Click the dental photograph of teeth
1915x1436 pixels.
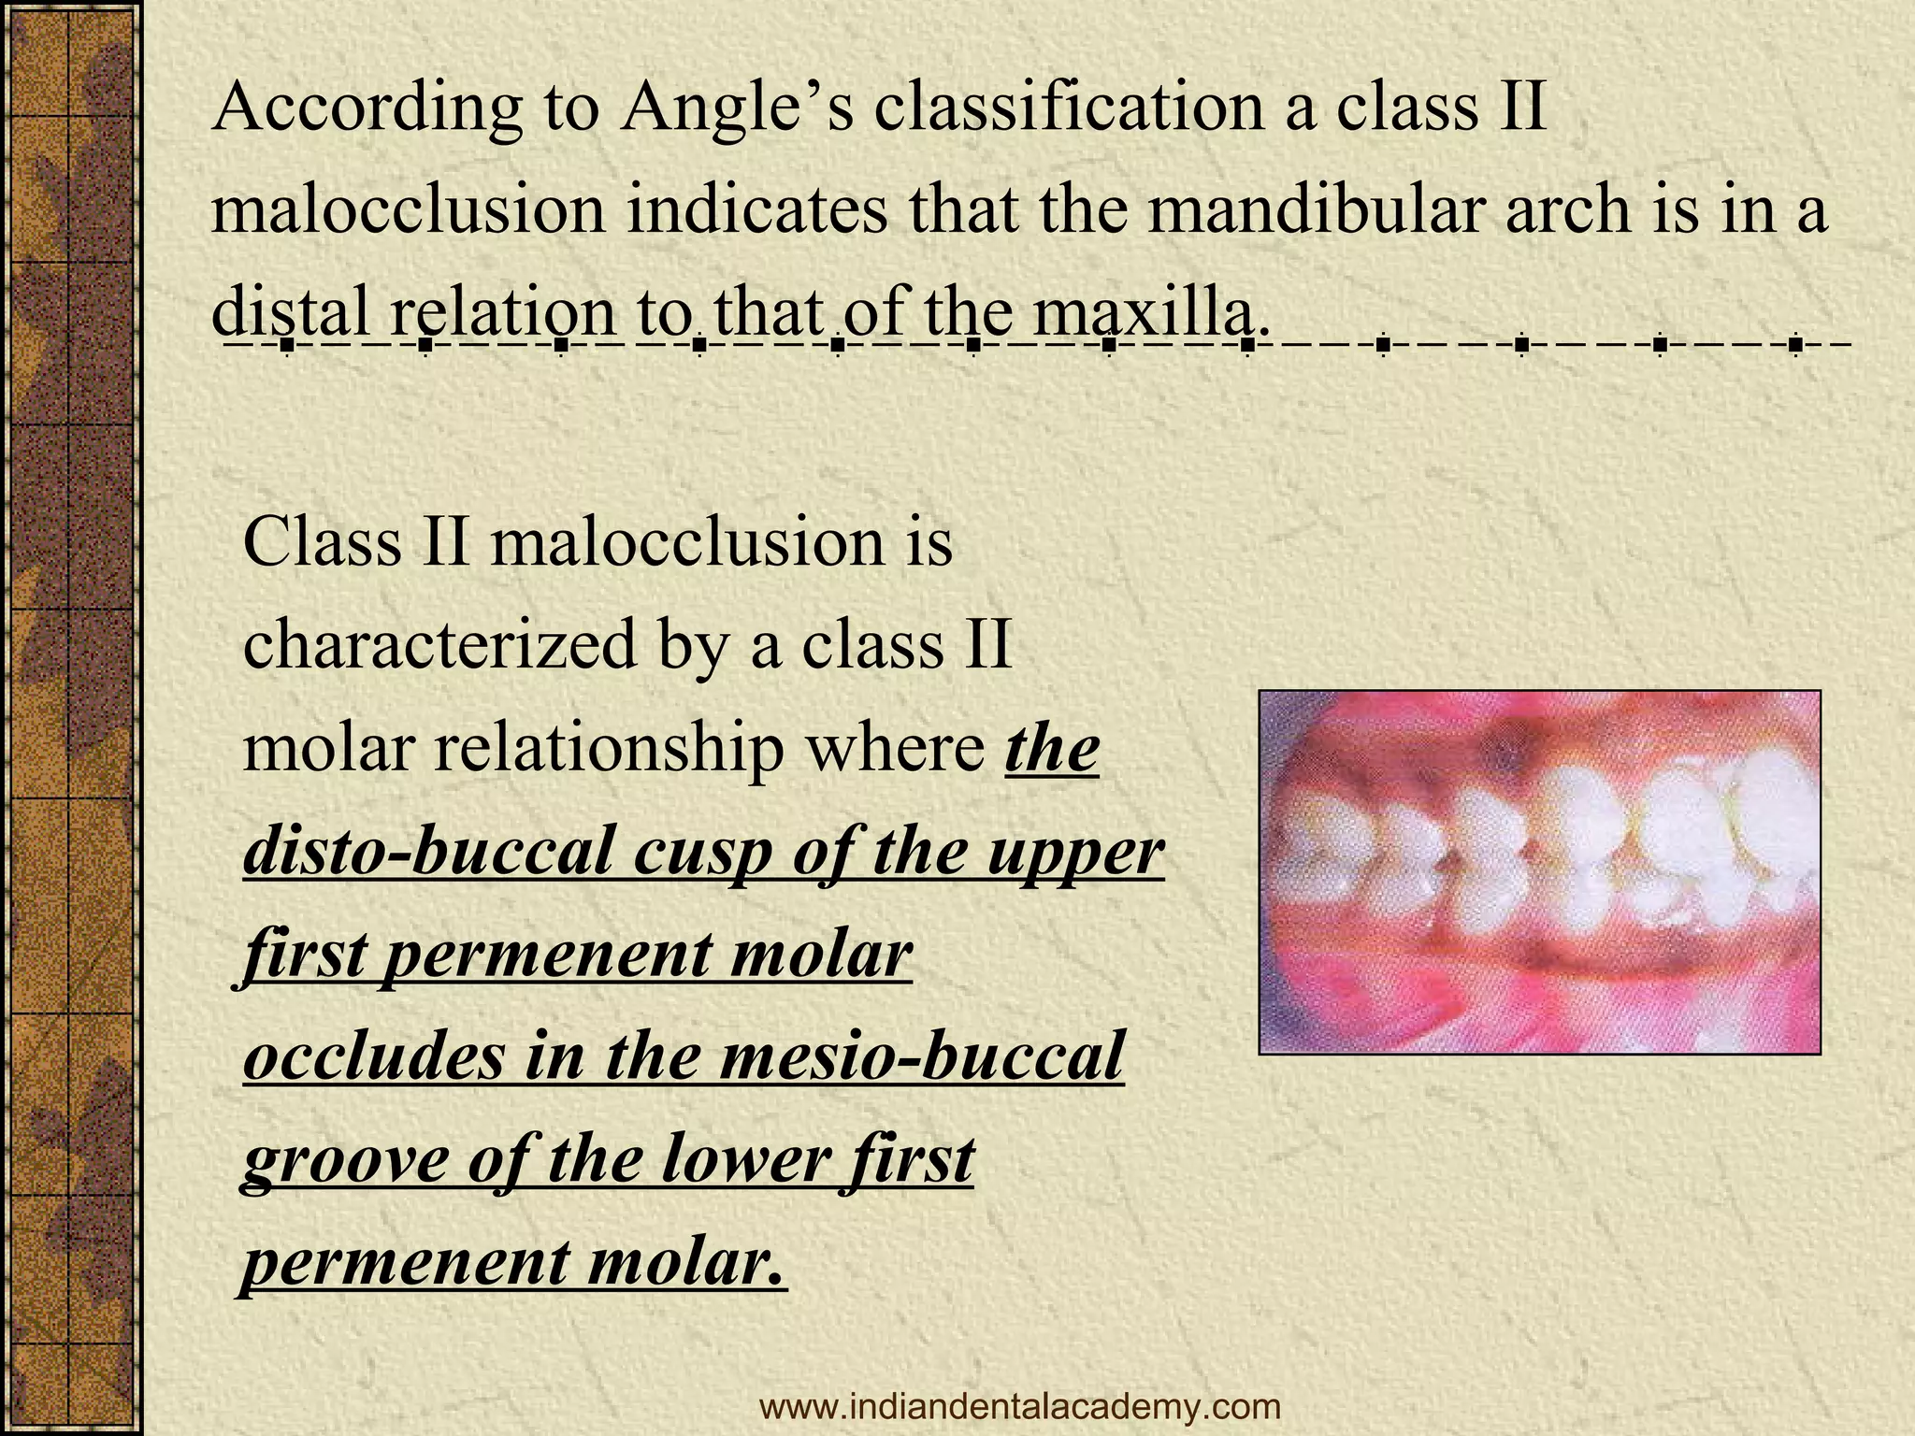[x=1539, y=871]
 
